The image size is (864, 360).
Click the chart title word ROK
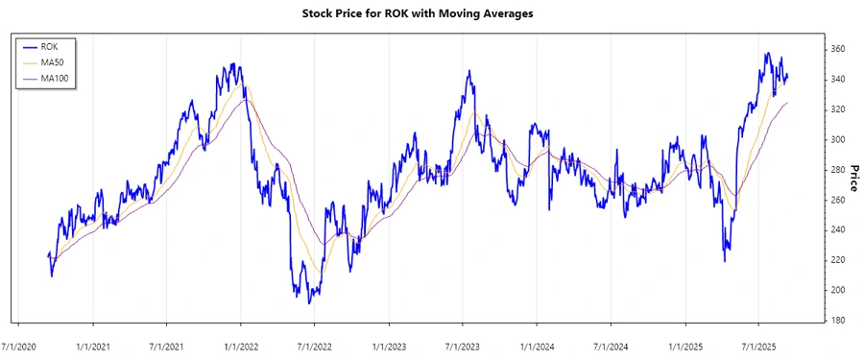click(x=396, y=13)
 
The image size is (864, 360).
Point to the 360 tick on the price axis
click(x=838, y=49)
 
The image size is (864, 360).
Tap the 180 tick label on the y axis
click(x=838, y=320)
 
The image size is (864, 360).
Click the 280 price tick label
click(x=838, y=170)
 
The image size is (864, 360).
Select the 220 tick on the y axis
click(x=838, y=260)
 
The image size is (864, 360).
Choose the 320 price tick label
click(x=838, y=109)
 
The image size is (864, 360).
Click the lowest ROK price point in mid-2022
click(x=309, y=303)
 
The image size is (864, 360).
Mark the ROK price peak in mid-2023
click(x=468, y=71)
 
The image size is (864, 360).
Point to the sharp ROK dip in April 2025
click(x=724, y=261)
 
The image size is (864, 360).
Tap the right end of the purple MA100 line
click(x=788, y=103)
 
